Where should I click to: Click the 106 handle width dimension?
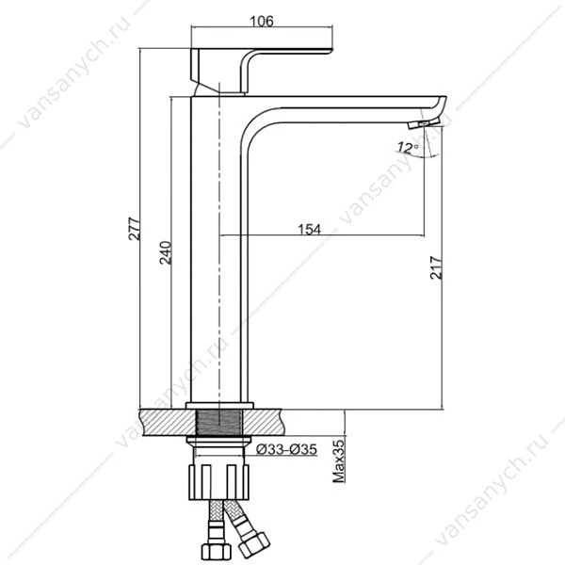click(262, 22)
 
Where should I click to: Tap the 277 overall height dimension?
click(134, 229)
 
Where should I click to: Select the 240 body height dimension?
click(166, 252)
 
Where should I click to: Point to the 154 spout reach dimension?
click(309, 229)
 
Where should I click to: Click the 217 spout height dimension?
click(436, 267)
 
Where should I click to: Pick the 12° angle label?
click(409, 148)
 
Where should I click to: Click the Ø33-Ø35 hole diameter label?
click(286, 449)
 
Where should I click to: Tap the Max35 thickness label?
click(338, 460)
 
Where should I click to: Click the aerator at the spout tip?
click(424, 124)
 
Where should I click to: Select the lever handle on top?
click(261, 71)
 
